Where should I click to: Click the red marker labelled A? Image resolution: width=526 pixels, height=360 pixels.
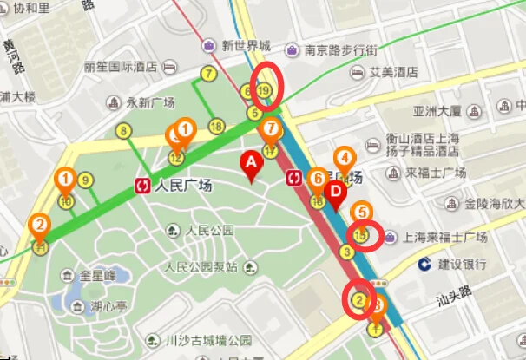pyautogui.click(x=252, y=163)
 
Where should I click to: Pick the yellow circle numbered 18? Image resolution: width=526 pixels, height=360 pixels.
pyautogui.click(x=216, y=127)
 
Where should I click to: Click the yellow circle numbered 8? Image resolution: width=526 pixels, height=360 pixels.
pyautogui.click(x=123, y=131)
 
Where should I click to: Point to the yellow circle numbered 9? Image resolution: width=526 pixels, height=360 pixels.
pyautogui.click(x=85, y=180)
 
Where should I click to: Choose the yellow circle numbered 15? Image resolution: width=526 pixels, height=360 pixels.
pyautogui.click(x=362, y=234)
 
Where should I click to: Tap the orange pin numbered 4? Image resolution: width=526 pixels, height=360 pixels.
pyautogui.click(x=345, y=159)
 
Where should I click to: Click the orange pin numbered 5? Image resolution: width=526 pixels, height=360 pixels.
pyautogui.click(x=363, y=212)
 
